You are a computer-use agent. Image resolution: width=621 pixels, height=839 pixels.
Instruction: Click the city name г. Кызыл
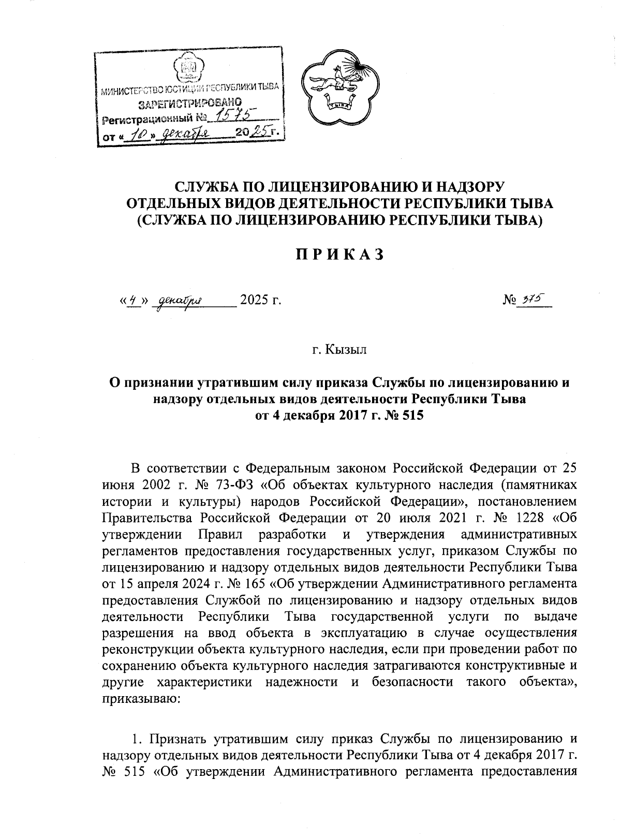point(339,350)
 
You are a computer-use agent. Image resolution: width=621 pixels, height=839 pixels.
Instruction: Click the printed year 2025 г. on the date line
point(260,300)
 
